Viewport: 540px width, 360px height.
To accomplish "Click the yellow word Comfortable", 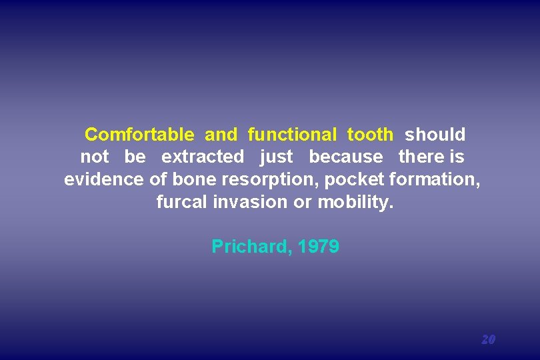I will pyautogui.click(x=139, y=135).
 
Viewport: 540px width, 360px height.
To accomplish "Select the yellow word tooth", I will pyautogui.click(x=370, y=135).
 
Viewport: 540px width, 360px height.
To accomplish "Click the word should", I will pyautogui.click(x=435, y=135).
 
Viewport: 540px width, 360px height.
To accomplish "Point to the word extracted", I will pyautogui.click(x=203, y=157).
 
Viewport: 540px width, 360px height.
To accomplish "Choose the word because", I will pyautogui.click(x=346, y=157).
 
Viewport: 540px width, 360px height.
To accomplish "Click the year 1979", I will pyautogui.click(x=319, y=247).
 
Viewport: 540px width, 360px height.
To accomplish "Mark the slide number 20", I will pyautogui.click(x=488, y=339).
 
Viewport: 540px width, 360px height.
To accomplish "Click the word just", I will pyautogui.click(x=276, y=157).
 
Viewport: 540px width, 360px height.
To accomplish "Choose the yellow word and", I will pyautogui.click(x=221, y=135).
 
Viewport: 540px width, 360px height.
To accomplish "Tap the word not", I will pyautogui.click(x=94, y=157).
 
